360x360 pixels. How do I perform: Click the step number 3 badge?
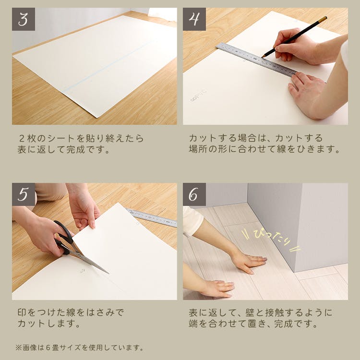tap(24, 19)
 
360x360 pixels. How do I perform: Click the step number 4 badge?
tap(194, 19)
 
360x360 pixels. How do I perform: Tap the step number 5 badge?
tap(24, 194)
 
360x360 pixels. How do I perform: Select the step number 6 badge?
tap(194, 194)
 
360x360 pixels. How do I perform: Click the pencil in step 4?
tap(295, 37)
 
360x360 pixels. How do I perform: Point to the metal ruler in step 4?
tap(256, 60)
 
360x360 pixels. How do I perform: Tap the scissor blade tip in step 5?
tap(108, 273)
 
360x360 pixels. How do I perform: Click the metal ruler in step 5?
tap(153, 217)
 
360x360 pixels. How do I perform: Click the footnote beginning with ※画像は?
tap(79, 348)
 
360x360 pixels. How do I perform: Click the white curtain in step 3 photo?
tap(162, 14)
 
